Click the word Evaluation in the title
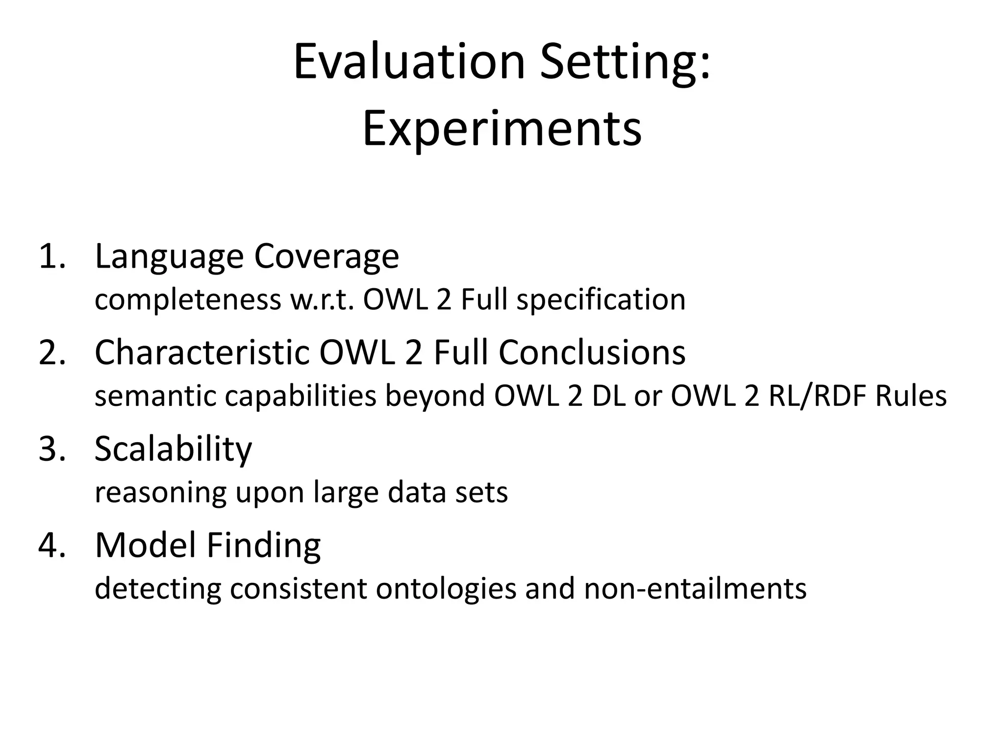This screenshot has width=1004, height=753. pos(409,62)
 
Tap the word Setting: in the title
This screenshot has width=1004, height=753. pos(625,62)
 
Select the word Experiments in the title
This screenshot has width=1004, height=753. pos(502,129)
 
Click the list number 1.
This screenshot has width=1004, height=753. pos(51,256)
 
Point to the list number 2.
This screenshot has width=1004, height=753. pos(51,352)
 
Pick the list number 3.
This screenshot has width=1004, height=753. pos(51,449)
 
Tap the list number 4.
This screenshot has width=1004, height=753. pos(51,545)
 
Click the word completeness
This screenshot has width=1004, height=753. pos(188,300)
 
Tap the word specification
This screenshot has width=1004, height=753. pos(601,300)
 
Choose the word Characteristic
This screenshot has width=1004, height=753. pos(202,352)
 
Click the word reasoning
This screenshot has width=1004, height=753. pos(161,493)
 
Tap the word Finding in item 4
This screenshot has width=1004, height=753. pos(263,545)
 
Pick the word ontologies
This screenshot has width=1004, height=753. pos(446,589)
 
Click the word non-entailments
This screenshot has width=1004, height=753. pos(695,589)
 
